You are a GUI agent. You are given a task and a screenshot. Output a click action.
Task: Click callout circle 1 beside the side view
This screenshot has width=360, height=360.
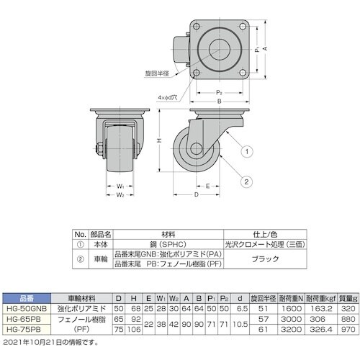pyautogui.click(x=246, y=152)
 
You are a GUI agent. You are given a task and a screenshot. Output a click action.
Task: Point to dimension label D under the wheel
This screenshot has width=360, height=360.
pyautogui.click(x=195, y=194)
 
